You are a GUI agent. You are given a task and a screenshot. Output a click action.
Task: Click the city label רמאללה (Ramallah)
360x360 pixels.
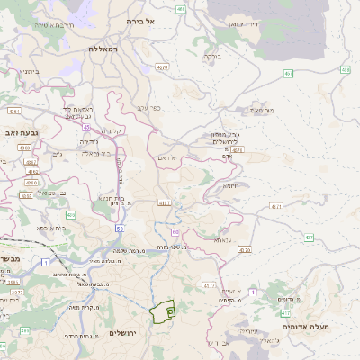click(104, 49)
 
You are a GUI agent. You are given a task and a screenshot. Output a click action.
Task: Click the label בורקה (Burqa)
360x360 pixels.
click(210, 56)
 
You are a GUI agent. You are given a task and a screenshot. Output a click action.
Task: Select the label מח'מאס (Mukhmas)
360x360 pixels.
click(261, 110)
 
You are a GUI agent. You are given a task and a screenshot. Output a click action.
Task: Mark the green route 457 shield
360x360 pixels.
click(288, 73)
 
